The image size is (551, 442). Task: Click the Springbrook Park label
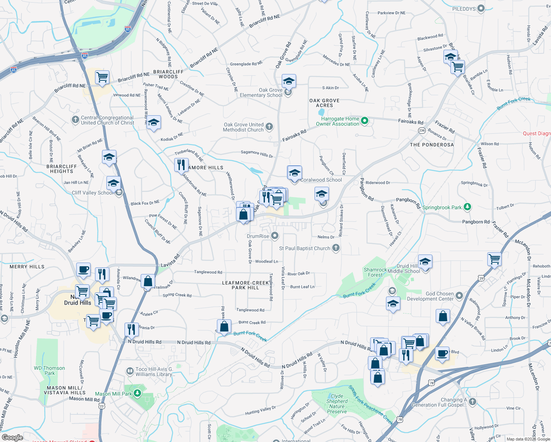point(442,207)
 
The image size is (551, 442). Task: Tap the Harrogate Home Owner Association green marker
point(365,120)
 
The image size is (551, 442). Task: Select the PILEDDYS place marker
point(481,8)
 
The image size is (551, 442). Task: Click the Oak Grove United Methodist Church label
point(243,127)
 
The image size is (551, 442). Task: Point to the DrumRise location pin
point(275,236)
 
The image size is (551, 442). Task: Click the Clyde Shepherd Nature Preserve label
point(337,404)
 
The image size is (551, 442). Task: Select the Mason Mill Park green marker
point(137,393)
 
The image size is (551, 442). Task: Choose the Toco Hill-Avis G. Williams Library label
point(154,372)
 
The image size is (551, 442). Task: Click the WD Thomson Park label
point(49,371)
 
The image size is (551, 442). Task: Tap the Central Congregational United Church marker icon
point(76,119)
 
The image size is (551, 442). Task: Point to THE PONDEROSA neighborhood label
point(432,145)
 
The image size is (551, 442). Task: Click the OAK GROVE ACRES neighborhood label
point(324,103)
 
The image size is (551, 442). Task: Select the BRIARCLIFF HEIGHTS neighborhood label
point(62,169)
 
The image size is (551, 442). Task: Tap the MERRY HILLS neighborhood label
point(27,267)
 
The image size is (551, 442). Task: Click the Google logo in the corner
point(12,437)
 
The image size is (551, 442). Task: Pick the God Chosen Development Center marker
point(459,295)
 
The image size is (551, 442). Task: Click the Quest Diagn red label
point(537,133)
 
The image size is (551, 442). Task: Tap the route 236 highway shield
point(422,130)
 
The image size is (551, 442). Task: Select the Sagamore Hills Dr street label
point(257,154)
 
